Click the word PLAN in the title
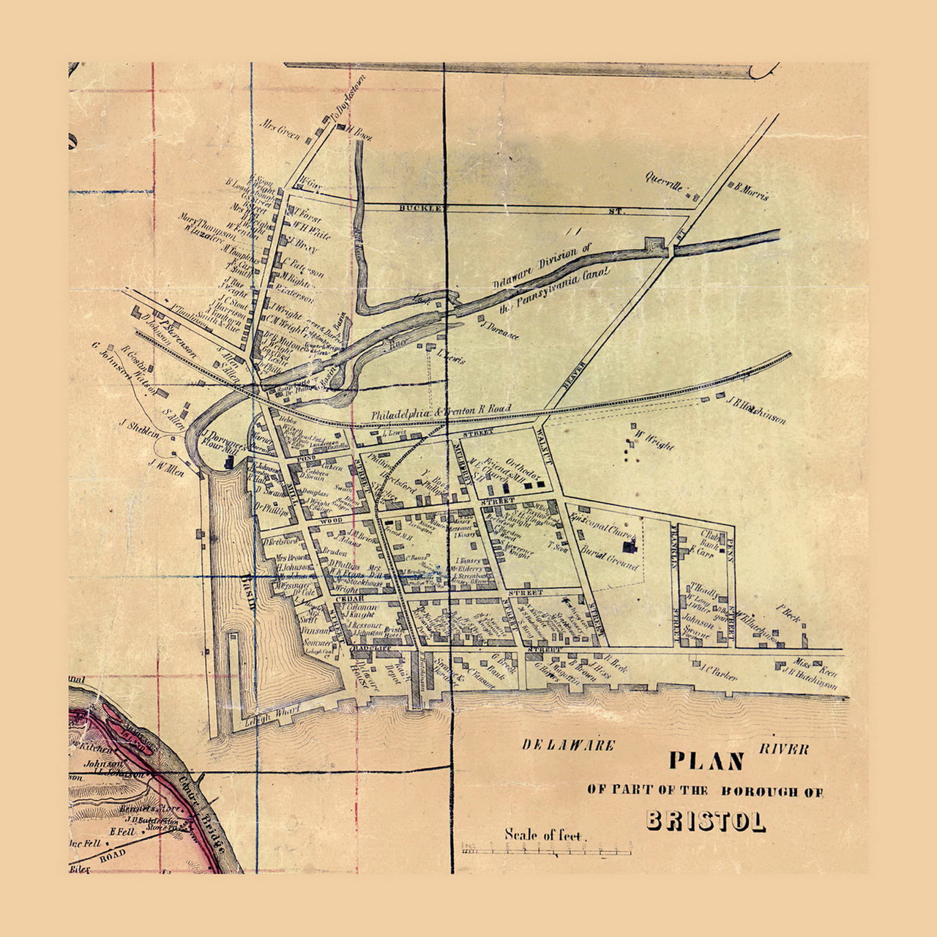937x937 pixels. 706,761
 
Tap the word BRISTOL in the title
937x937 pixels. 706,821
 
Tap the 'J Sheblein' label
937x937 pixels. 139,428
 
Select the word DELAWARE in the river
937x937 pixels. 567,745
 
